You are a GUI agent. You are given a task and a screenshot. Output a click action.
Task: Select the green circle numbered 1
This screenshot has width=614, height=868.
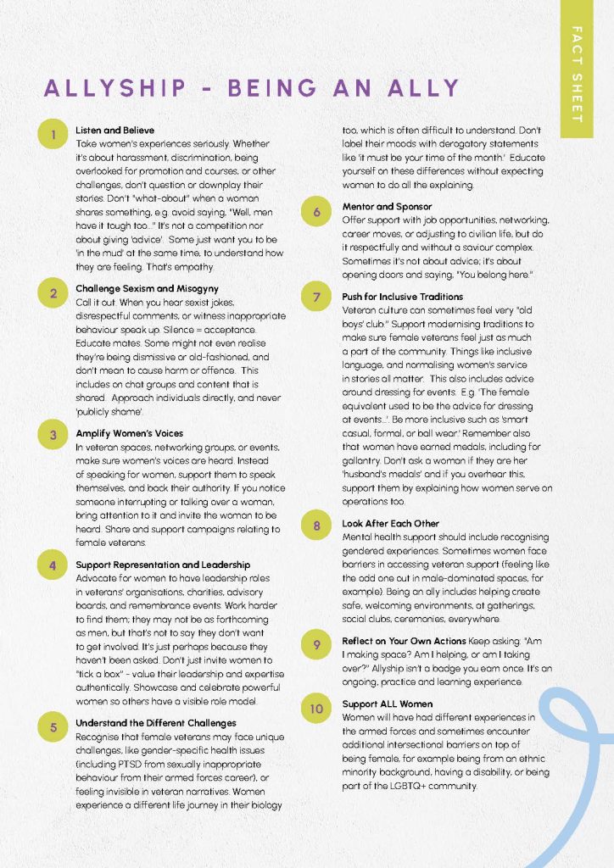53,134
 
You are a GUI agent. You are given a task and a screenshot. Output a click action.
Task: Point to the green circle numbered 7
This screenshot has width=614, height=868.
316,298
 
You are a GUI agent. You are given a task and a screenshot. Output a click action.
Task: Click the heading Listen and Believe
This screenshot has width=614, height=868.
115,131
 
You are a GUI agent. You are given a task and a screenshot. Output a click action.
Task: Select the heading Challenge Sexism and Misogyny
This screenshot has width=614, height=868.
147,289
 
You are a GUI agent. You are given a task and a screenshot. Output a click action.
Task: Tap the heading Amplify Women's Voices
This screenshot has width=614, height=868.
129,433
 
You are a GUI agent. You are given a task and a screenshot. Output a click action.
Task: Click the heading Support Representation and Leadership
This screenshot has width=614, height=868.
163,565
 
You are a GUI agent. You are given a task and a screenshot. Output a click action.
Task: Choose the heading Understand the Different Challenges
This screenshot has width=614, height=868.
156,723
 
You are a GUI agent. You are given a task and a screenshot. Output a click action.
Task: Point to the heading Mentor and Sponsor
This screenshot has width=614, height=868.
387,206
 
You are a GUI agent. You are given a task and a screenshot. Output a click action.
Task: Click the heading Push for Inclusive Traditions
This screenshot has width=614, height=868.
403,297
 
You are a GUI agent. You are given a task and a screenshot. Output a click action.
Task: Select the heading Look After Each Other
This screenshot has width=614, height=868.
390,524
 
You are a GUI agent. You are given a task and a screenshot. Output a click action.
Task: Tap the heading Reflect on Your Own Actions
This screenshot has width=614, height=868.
404,642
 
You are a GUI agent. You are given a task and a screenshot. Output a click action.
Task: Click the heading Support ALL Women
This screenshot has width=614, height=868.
388,704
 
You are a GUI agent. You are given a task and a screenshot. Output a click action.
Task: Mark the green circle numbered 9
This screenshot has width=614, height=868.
316,645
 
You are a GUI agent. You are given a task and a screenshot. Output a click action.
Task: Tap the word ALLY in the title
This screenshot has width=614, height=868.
421,88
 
